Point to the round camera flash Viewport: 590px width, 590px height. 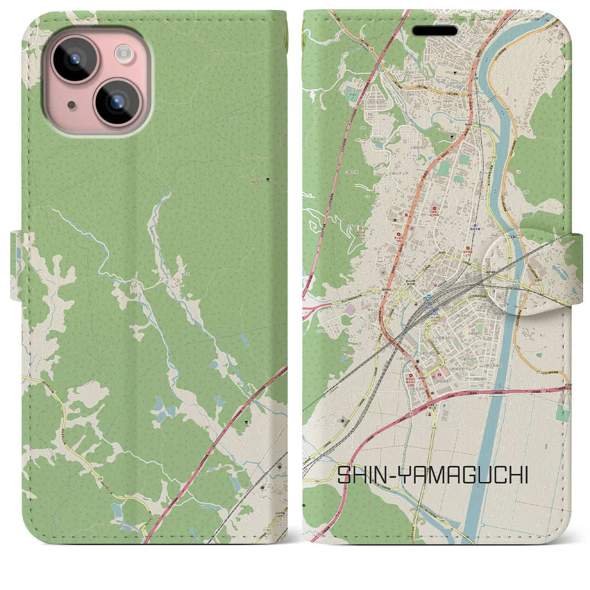coord(124,53)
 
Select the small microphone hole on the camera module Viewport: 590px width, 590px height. coord(71,105)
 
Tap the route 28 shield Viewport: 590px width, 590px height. coord(371,48)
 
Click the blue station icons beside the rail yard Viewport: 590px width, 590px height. coord(429,297)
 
